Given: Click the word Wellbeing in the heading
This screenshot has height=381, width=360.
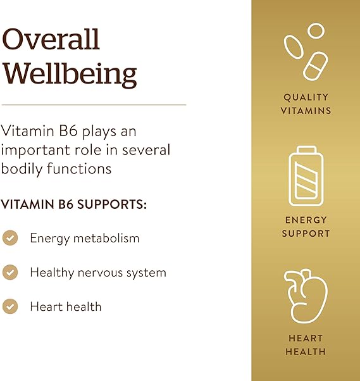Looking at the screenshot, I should pos(70,74).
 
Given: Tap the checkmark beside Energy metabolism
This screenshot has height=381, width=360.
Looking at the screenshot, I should pos(10,238).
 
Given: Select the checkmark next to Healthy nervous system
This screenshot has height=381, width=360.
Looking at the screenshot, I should pos(10,272).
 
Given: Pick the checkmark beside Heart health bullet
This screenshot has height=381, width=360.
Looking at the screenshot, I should pos(10,306).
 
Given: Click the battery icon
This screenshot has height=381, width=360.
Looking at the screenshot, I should pos(306,178).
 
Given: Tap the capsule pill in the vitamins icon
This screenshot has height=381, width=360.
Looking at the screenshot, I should pos(315,65).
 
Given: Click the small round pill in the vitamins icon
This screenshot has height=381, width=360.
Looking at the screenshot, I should pos(316,30).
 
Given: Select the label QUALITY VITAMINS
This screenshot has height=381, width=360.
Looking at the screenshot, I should pos(306,104).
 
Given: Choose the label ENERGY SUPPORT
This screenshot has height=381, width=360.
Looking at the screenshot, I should pos(306,227).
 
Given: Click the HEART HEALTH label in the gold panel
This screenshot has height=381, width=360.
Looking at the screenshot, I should pos(306,345).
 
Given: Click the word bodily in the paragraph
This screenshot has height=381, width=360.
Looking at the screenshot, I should pos(19,169).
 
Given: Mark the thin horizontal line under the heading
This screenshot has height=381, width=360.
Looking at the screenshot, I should pos(94,104).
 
